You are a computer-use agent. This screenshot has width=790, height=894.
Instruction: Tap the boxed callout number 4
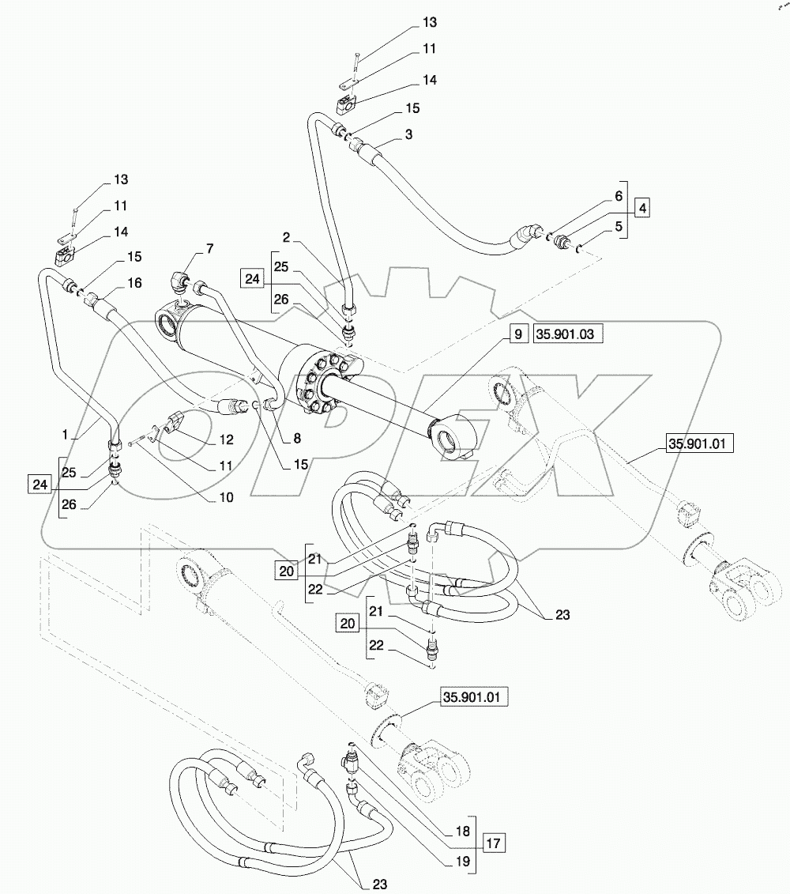(643, 209)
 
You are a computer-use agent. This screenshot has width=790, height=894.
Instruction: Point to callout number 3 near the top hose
(408, 135)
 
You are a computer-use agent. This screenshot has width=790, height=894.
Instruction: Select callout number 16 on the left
(134, 282)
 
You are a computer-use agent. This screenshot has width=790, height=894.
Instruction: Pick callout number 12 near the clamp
(227, 439)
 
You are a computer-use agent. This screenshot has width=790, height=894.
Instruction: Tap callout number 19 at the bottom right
(462, 860)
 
